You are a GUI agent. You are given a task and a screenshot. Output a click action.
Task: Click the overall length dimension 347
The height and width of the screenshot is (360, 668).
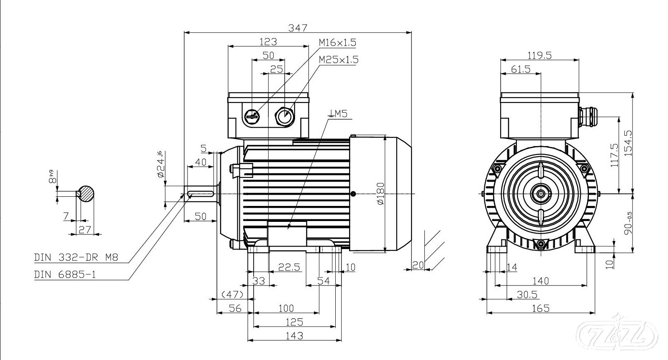298,28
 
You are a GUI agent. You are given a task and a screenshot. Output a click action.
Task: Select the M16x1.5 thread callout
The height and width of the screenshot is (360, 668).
337,42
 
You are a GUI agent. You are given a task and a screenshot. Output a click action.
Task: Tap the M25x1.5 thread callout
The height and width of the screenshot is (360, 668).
338,59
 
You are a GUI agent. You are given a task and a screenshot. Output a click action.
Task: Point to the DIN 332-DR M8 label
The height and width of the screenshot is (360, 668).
76,257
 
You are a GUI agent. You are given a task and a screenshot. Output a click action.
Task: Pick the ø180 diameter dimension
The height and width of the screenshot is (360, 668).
380,193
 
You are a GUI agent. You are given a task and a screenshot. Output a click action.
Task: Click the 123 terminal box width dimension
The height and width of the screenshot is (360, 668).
268,41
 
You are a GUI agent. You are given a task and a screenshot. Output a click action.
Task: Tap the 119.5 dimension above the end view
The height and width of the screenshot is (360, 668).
540,55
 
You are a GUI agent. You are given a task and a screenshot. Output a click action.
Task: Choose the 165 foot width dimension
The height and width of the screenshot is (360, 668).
540,309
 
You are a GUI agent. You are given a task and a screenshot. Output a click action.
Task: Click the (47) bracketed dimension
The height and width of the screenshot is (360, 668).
232,294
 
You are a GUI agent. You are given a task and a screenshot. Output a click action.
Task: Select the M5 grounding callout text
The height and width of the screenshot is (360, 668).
338,113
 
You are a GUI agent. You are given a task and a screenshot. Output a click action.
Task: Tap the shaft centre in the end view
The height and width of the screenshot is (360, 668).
541,194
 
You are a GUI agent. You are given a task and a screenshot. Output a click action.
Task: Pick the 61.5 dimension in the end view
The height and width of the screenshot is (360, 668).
521,69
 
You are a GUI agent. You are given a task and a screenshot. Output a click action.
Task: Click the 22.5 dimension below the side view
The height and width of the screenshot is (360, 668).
290,267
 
